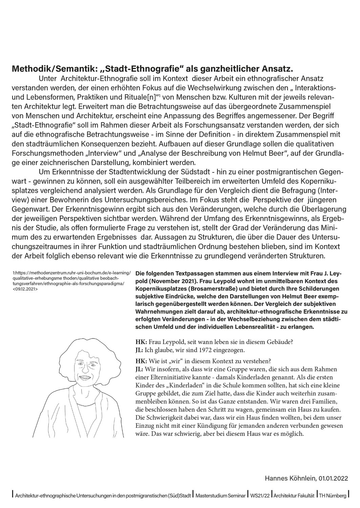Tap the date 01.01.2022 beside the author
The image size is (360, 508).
[x=334, y=479]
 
